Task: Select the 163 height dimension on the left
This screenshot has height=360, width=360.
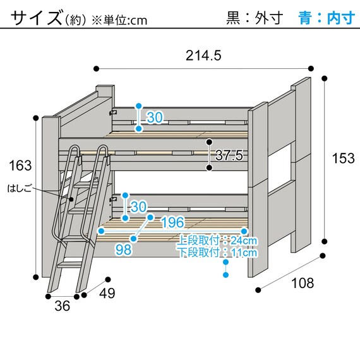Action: tap(20, 166)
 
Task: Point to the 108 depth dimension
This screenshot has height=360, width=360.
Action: tap(303, 283)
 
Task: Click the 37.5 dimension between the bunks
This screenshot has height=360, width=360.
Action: tap(229, 155)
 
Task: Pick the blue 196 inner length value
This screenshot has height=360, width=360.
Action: tap(172, 222)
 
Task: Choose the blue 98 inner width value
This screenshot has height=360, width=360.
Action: tap(124, 249)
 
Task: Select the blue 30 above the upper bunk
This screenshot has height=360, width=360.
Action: tap(155, 117)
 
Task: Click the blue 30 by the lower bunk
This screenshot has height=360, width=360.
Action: tap(139, 207)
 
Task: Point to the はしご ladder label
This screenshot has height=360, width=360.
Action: tap(19, 188)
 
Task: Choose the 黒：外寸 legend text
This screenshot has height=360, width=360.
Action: tap(255, 18)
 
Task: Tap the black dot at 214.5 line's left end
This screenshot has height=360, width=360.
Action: tap(96, 68)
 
